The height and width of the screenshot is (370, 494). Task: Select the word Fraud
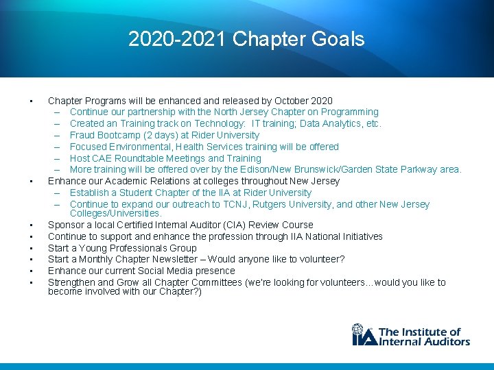[82, 135]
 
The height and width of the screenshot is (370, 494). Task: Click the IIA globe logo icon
[363, 335]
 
